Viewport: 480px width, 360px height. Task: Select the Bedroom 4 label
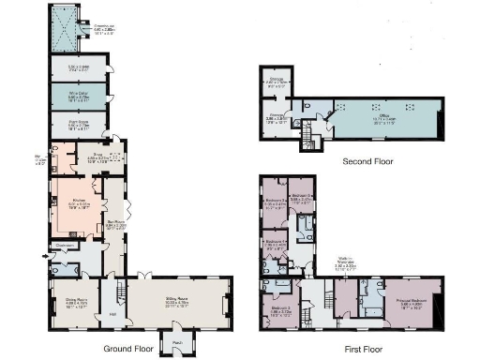[x=276, y=242]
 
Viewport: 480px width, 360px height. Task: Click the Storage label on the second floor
[x=276, y=80]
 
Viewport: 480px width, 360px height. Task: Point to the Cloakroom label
[x=65, y=246]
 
